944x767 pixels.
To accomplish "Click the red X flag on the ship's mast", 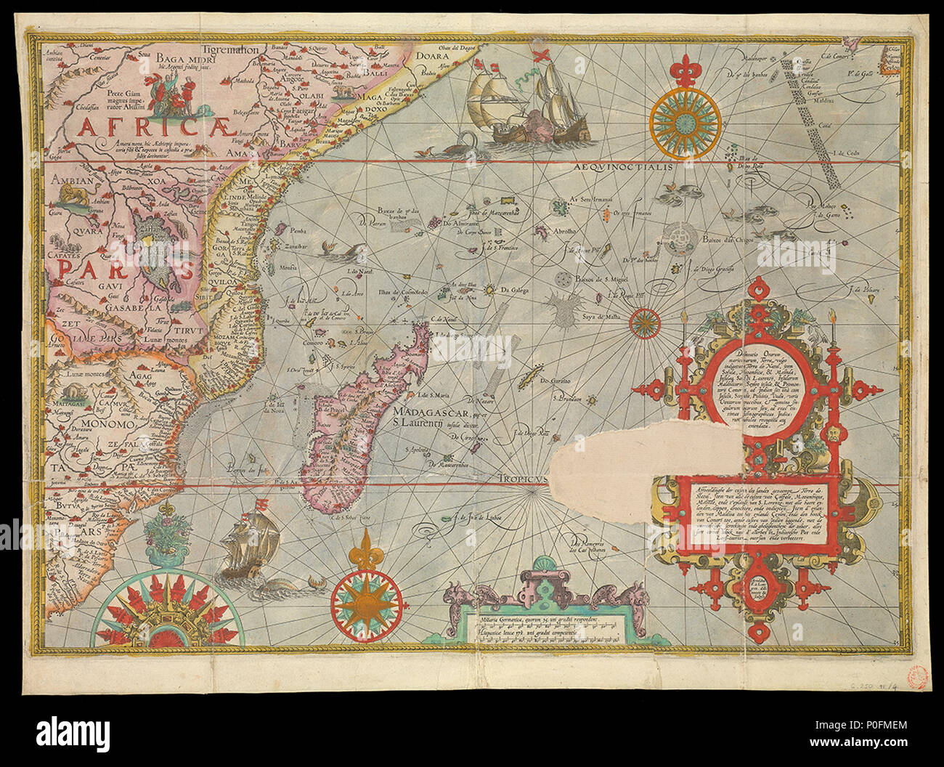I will pos(540,55).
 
